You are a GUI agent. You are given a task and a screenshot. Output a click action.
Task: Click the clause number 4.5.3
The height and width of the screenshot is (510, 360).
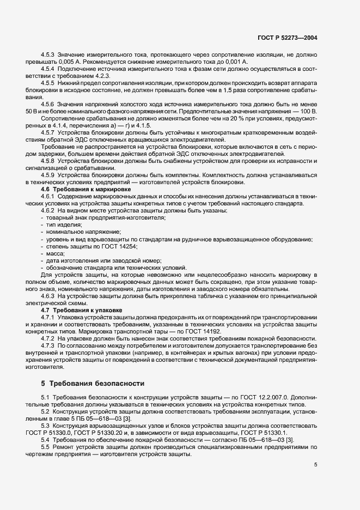coord(48,55)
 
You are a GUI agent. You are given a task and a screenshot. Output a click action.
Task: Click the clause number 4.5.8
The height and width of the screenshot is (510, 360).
coord(48,161)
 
